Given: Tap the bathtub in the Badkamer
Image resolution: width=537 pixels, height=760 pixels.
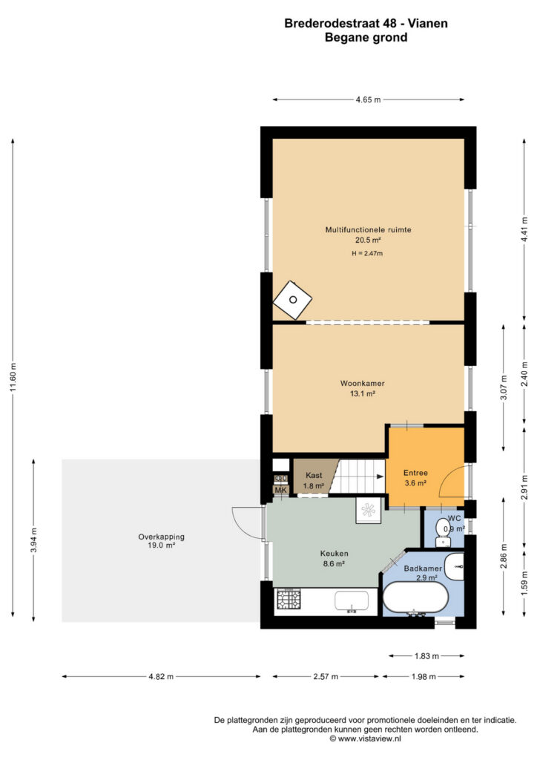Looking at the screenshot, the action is pos(415,597).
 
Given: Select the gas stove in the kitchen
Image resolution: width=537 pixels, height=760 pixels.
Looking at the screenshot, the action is pos(288,600).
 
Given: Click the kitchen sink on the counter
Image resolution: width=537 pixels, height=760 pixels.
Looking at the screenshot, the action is pos(352,601).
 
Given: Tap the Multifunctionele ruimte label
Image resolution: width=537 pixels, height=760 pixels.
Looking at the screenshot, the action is pos(368,230).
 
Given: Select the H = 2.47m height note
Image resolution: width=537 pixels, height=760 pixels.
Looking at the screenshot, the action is pos(367,254).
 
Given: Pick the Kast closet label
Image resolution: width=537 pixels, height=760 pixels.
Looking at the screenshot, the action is pos(314,476).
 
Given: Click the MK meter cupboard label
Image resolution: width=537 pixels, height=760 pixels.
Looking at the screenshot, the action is pos(281,490).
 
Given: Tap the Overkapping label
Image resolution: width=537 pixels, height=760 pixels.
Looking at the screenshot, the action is pos(161,537).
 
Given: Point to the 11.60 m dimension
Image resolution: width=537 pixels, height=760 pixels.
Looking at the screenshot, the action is pos(13,377).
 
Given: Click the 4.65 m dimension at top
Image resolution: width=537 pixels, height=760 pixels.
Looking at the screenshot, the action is pos(368,100).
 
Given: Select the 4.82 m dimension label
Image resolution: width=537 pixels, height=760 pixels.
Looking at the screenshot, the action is pos(161,677).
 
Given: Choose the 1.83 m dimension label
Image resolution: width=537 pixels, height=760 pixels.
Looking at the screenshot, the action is pos(426,656).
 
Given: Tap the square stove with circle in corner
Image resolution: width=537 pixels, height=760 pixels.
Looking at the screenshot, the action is pos(292,300).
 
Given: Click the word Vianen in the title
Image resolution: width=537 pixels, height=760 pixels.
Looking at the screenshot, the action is pos(427,23).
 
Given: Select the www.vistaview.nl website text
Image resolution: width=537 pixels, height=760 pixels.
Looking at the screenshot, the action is pos(369,738).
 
